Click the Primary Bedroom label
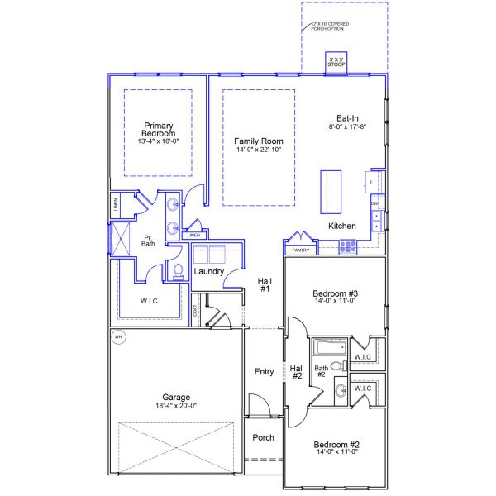pos(157,130)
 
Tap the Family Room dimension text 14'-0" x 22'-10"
pos(258,150)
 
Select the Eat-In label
pos(347,118)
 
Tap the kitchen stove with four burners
pos(347,245)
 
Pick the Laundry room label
pos(209,271)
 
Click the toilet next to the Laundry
pos(177,271)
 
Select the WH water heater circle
pos(117,337)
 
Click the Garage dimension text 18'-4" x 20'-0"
pos(176,405)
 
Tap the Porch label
pos(263,437)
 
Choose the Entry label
pos(264,372)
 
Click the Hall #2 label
pos(297,372)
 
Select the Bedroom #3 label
pos(335,293)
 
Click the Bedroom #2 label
pos(335,445)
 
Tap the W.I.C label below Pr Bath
pos(149,301)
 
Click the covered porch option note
pos(330,26)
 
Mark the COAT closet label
pos(196,311)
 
